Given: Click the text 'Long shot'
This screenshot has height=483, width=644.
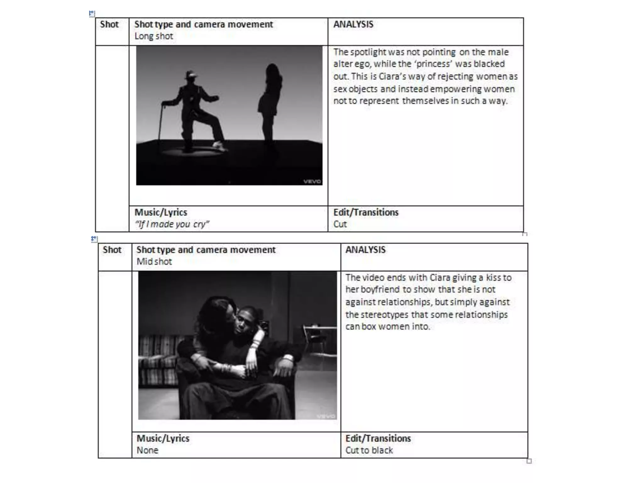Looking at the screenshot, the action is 154,36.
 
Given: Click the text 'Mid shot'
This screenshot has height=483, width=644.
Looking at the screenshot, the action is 154,262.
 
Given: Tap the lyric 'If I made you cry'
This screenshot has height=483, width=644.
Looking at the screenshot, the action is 172,224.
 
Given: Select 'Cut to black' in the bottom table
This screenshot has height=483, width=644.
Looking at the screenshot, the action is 369,450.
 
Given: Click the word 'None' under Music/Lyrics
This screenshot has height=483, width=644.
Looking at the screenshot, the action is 147,450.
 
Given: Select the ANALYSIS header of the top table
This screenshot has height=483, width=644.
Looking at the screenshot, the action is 353,24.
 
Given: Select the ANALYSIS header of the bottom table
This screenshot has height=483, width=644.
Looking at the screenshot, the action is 365,250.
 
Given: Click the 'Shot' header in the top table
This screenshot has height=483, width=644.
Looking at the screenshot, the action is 109,24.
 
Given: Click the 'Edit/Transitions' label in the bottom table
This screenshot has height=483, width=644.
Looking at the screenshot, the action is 378,438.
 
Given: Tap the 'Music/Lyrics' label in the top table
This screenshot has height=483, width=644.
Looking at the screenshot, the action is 161,213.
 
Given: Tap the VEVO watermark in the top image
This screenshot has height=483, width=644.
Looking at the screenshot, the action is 312,181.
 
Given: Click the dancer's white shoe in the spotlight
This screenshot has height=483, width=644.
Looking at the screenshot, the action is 219,145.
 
